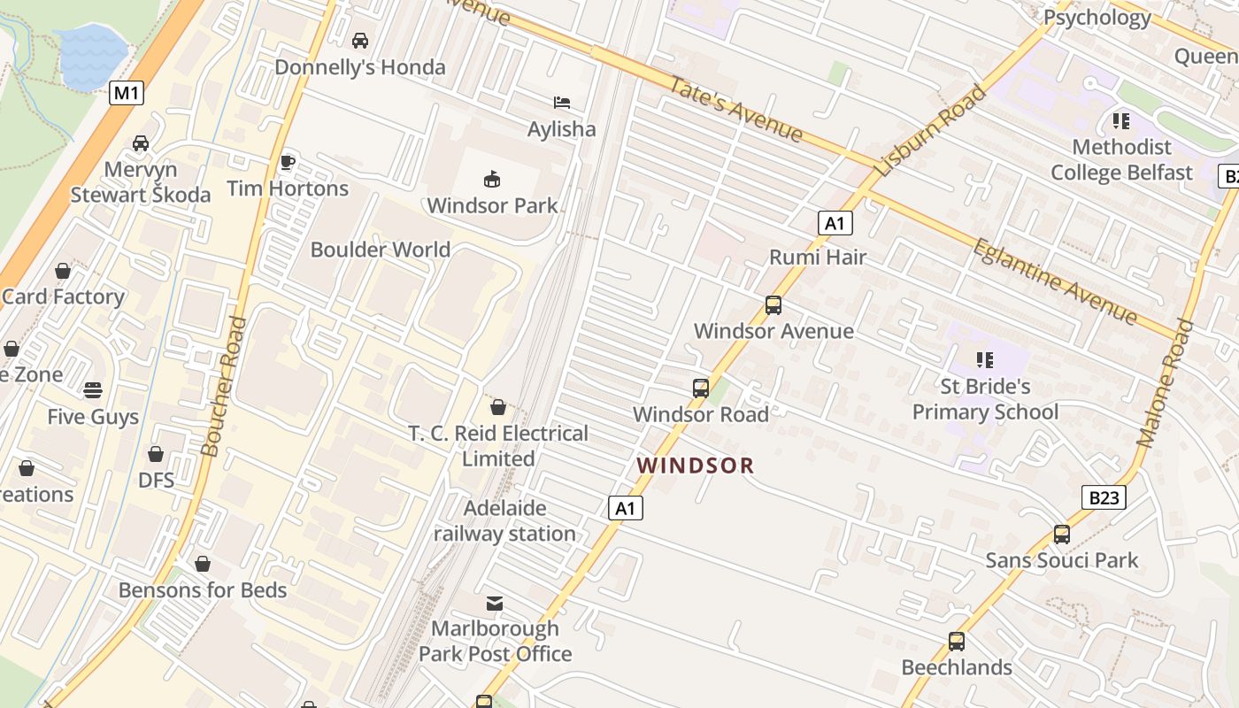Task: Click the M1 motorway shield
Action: pyautogui.click(x=127, y=93)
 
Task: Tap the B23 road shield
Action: pyautogui.click(x=1104, y=497)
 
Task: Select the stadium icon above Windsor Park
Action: pyautogui.click(x=492, y=180)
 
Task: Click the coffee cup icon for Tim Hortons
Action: pyautogui.click(x=287, y=162)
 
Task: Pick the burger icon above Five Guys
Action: pyautogui.click(x=93, y=390)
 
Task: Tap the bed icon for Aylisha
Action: pyautogui.click(x=562, y=103)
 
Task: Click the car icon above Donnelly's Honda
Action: pyautogui.click(x=360, y=41)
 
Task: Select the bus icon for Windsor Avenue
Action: pyautogui.click(x=773, y=305)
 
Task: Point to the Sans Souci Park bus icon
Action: pyautogui.click(x=1062, y=535)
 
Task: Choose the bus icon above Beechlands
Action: pyautogui.click(x=957, y=642)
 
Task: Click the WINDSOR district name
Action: pyautogui.click(x=696, y=466)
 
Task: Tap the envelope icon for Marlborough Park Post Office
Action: pyautogui.click(x=495, y=604)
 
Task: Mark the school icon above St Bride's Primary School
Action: pyautogui.click(x=984, y=360)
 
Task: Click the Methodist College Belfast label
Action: pyautogui.click(x=1121, y=159)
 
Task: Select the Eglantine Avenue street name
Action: pyautogui.click(x=1054, y=281)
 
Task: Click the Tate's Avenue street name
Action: pyautogui.click(x=735, y=110)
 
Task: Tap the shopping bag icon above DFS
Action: pyautogui.click(x=156, y=454)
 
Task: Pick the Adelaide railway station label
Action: pyautogui.click(x=504, y=521)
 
